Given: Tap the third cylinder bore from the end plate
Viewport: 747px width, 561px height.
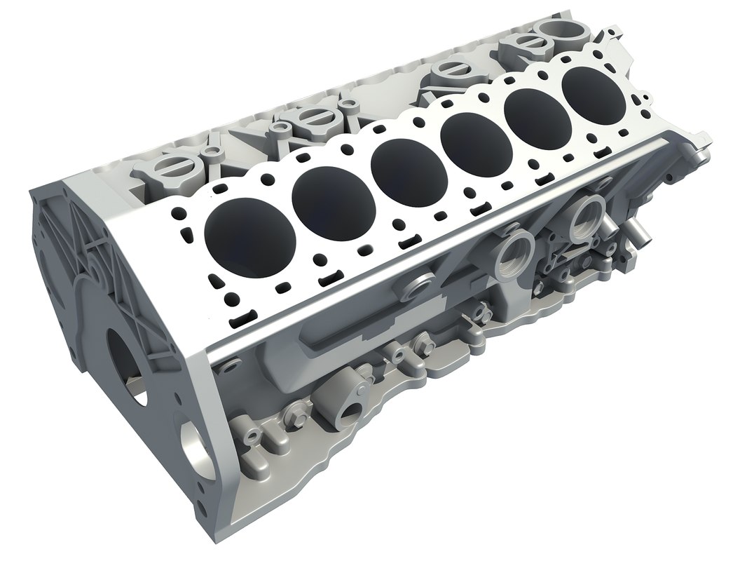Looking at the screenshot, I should [x=407, y=163].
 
